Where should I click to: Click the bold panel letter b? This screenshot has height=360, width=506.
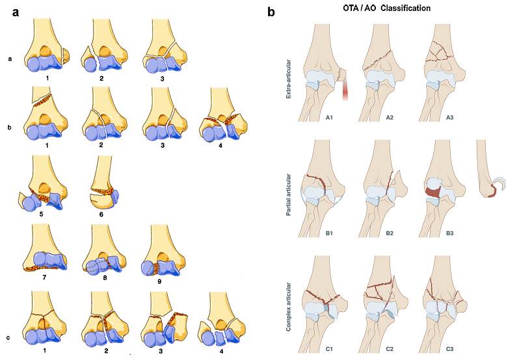[271, 11]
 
